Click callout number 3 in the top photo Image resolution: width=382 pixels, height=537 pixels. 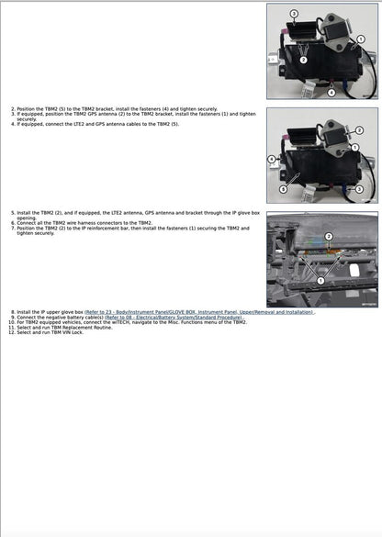coord(293,15)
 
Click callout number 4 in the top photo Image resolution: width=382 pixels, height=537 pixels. coord(331,94)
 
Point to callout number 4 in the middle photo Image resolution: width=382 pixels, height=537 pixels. coord(271,159)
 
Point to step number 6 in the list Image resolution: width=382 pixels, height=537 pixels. coord(13,222)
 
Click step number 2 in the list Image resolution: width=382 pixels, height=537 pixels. coord(13,108)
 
